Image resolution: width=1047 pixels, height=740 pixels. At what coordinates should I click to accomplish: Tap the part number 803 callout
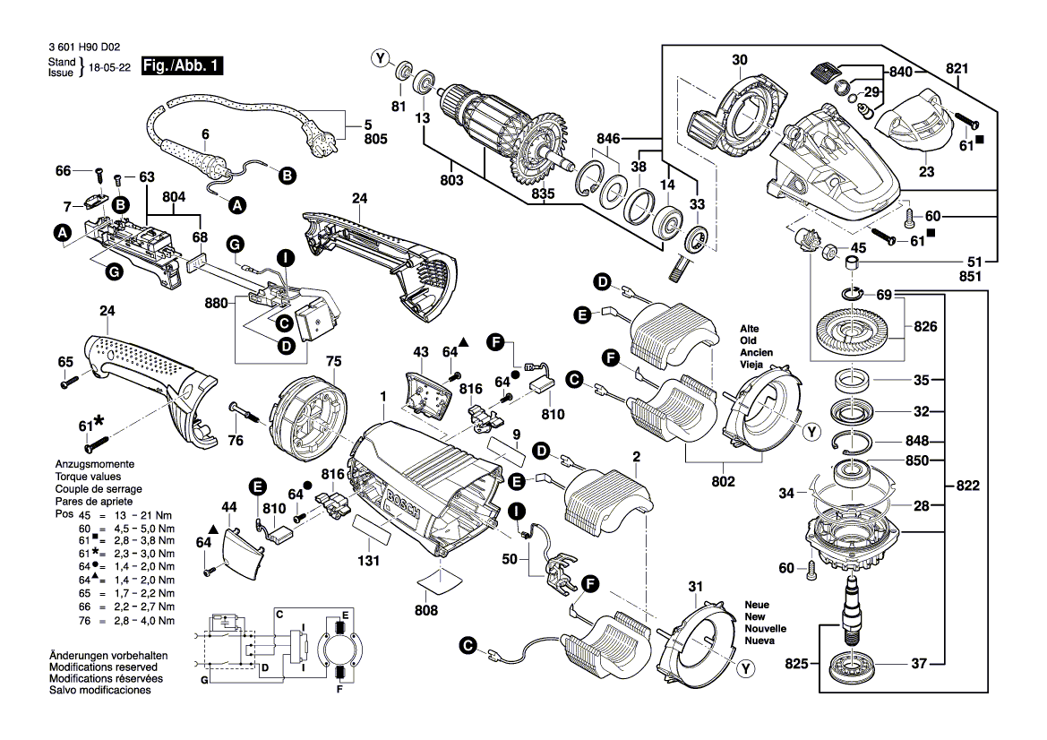pos(452,181)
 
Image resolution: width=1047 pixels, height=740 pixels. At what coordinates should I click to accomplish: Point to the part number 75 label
pos(333,361)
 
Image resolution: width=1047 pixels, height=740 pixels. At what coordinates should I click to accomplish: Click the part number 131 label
pos(368,562)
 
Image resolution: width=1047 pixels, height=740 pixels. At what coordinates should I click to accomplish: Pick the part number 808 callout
pos(426,610)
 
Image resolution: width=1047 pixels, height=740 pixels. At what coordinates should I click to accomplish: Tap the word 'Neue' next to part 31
pos(757,606)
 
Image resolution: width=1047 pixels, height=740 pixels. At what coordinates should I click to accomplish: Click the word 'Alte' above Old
pos(750,329)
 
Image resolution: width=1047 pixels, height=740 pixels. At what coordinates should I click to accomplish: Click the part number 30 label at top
pos(739,60)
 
